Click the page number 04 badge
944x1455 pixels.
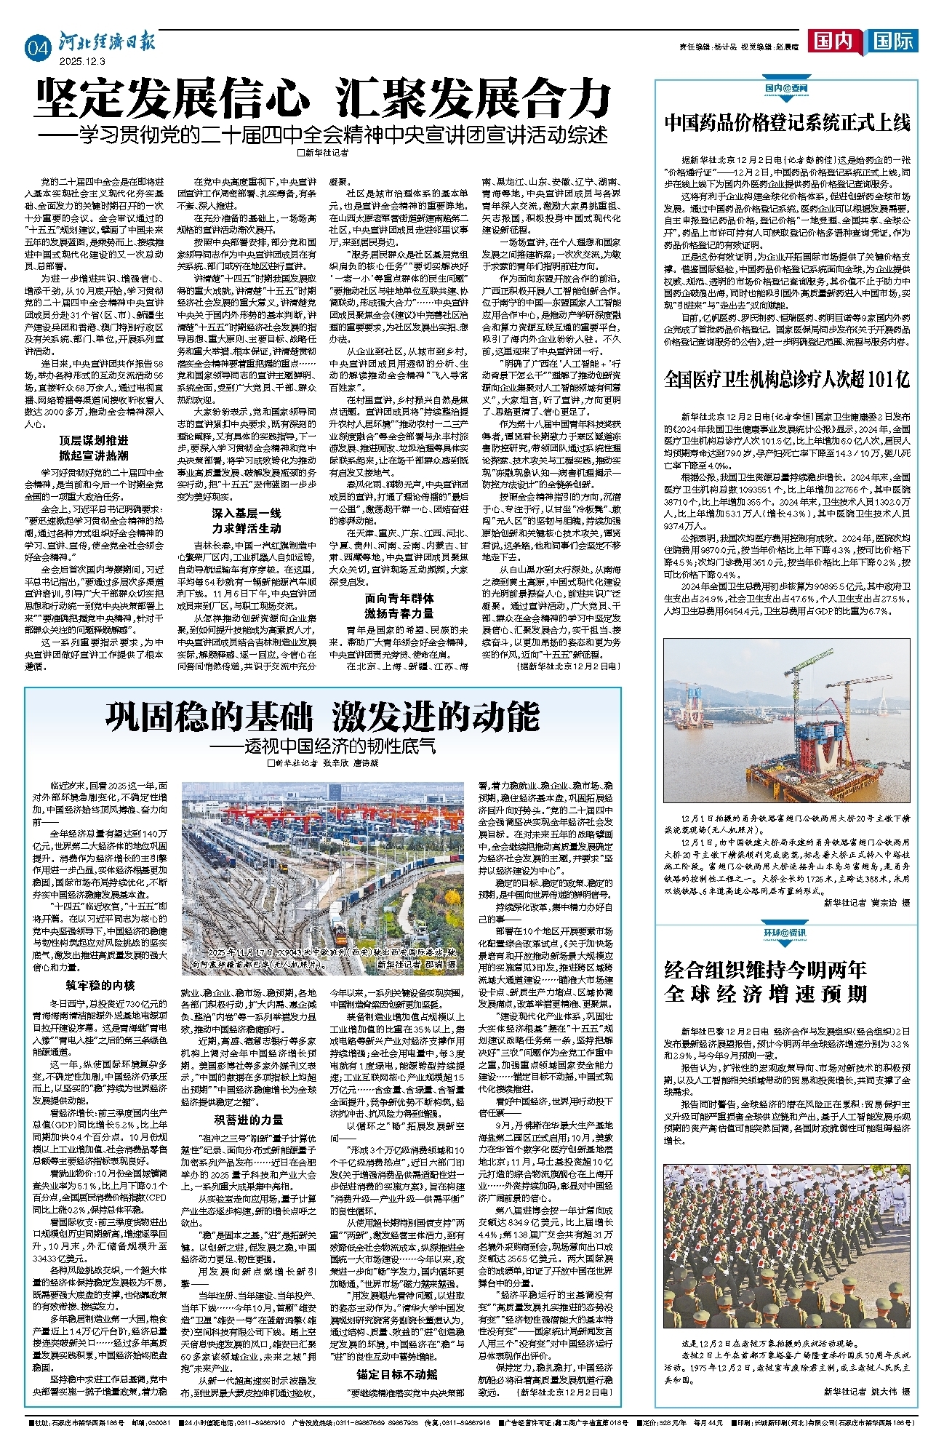point(38,49)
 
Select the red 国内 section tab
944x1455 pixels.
point(832,41)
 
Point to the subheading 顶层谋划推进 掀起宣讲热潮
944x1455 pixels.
point(94,448)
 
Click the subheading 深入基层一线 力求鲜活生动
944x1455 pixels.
point(247,521)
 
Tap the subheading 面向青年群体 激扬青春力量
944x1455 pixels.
point(399,605)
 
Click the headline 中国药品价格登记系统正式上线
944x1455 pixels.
point(787,122)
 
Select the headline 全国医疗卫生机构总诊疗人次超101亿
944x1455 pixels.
point(787,379)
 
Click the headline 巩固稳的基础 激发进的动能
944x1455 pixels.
point(323,717)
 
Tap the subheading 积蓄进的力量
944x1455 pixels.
point(248,1120)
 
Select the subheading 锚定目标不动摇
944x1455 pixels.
point(397,1374)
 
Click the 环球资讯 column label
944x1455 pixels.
point(785,933)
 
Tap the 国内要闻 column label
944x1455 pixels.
point(785,88)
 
